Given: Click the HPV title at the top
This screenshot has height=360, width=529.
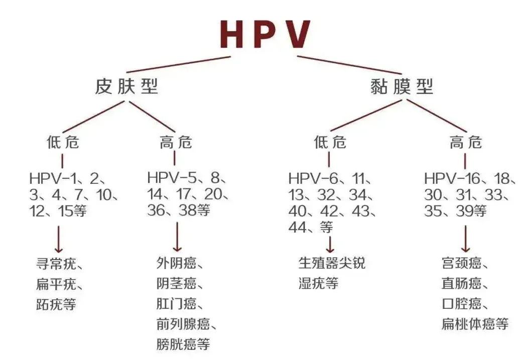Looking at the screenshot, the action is pyautogui.click(x=265, y=34).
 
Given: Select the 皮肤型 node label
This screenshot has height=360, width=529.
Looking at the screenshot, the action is pyautogui.click(x=126, y=87).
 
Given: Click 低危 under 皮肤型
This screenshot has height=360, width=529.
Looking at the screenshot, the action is pyautogui.click(x=63, y=143).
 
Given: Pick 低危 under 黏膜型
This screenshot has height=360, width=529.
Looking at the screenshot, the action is pyautogui.click(x=330, y=143).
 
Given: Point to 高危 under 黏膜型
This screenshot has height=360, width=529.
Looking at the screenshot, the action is pyautogui.click(x=465, y=143).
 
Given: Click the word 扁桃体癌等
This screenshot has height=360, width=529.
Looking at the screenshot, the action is pyautogui.click(x=475, y=324).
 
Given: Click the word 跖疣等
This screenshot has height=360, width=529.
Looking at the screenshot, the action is pyautogui.click(x=56, y=304).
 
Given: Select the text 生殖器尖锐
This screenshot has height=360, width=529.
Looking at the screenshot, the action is pyautogui.click(x=332, y=263).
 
